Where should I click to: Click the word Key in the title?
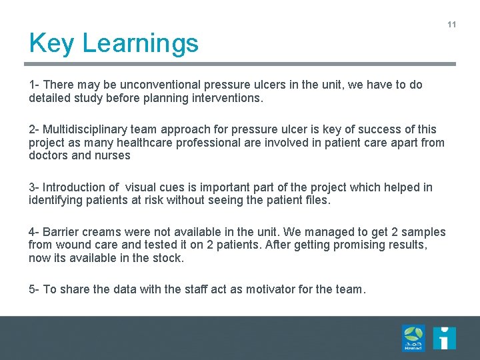click(x=52, y=44)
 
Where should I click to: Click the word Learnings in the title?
click(x=141, y=44)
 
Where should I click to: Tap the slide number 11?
click(x=451, y=25)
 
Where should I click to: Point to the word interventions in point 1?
click(x=230, y=98)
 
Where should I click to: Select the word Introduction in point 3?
click(x=75, y=187)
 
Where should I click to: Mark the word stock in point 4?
click(x=169, y=257)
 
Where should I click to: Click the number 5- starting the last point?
click(x=34, y=289)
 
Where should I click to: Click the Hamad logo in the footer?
click(x=413, y=338)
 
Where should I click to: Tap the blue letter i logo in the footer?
click(x=444, y=338)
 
